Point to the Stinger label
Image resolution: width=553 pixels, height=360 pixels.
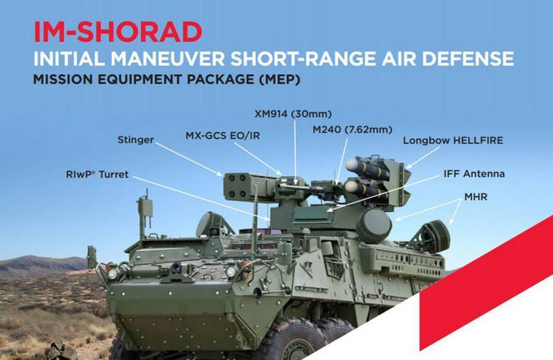coord(135,141)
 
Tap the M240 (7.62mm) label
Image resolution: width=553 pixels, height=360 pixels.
coord(352,129)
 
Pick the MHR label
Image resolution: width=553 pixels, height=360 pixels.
coord(476,197)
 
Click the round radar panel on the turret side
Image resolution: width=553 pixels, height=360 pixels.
coord(374,225)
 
